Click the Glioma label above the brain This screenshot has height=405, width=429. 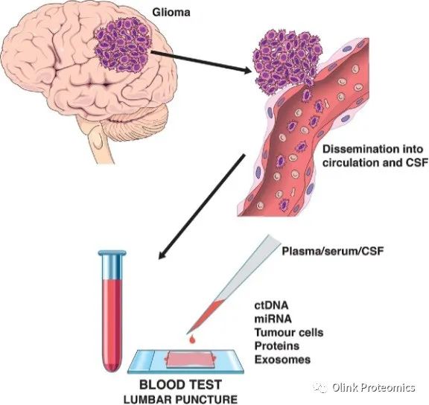click(171, 13)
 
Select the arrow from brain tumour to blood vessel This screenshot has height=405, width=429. click(201, 61)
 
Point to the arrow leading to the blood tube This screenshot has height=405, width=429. click(202, 207)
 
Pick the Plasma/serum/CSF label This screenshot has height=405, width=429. click(333, 251)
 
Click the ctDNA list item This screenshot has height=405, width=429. click(271, 305)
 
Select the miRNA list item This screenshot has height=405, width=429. click(273, 319)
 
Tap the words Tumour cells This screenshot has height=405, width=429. click(289, 333)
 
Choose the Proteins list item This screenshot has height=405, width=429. click(277, 346)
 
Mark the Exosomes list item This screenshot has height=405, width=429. click(282, 360)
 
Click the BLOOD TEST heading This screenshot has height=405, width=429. click(180, 385)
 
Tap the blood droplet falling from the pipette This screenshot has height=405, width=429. click(192, 339)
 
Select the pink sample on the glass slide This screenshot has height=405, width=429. click(189, 360)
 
